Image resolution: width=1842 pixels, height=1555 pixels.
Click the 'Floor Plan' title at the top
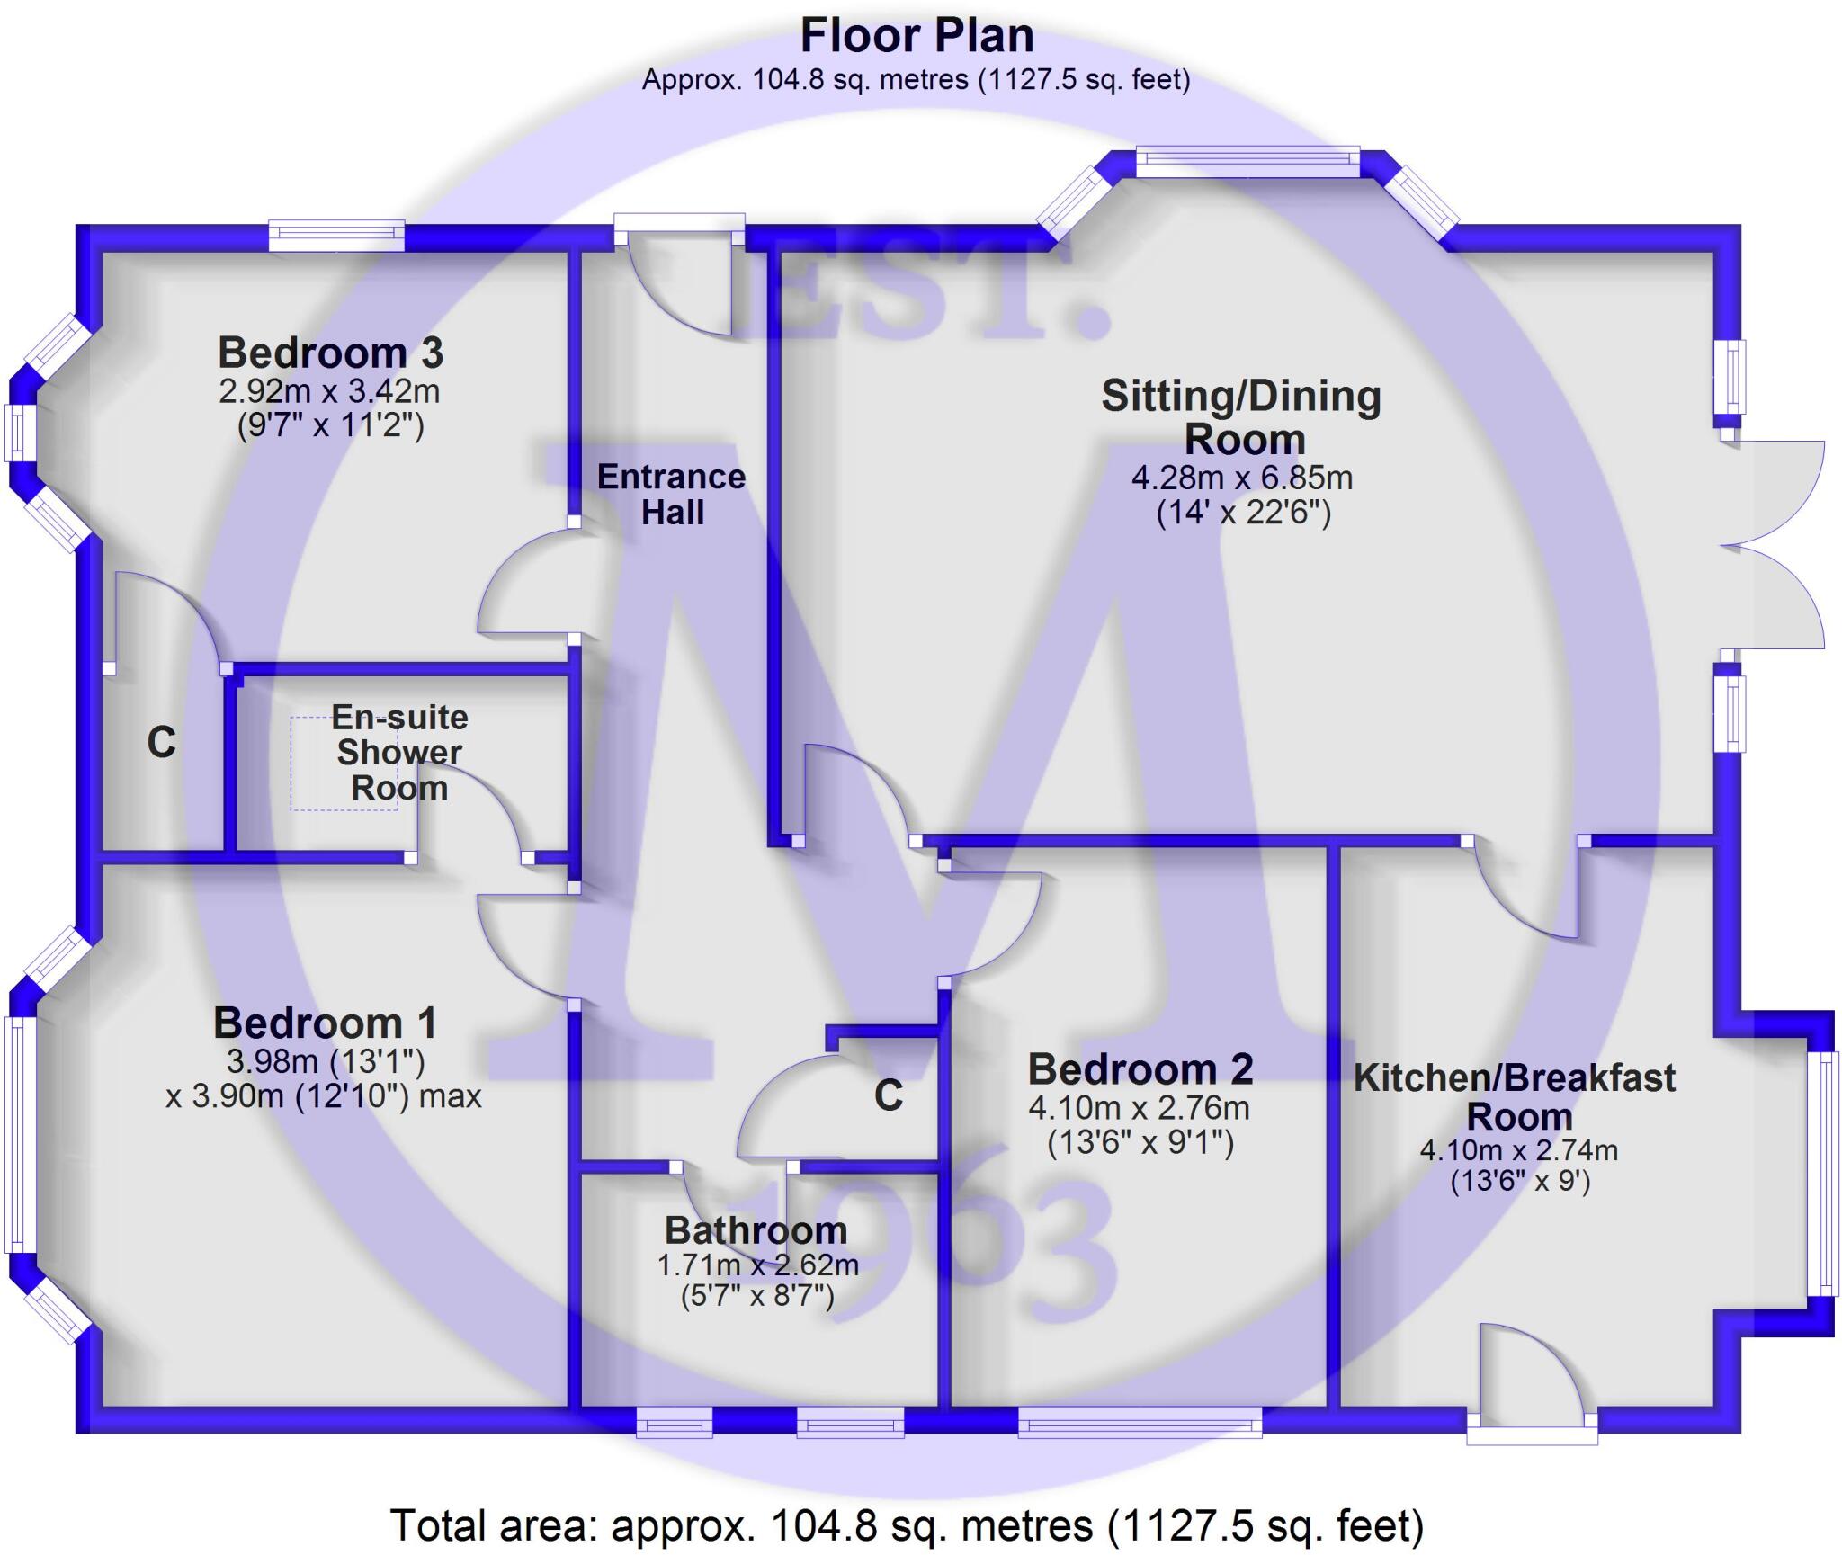pyautogui.click(x=917, y=37)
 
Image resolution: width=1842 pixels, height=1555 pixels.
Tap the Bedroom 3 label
pyautogui.click(x=330, y=353)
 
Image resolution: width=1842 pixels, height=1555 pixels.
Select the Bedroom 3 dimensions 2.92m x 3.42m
pyautogui.click(x=329, y=391)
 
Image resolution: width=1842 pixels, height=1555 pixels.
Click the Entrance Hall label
pyautogui.click(x=672, y=494)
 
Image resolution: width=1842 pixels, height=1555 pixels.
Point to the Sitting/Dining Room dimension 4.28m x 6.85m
pyautogui.click(x=1241, y=477)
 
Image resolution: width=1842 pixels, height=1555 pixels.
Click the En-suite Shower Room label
pyautogui.click(x=399, y=752)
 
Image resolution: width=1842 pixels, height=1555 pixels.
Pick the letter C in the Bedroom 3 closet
pyautogui.click(x=161, y=743)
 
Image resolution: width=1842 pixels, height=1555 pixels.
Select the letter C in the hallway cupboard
pyautogui.click(x=888, y=1095)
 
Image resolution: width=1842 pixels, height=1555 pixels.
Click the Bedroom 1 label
pyautogui.click(x=325, y=1023)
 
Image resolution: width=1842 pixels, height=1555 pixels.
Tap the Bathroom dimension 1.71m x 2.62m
pyautogui.click(x=757, y=1265)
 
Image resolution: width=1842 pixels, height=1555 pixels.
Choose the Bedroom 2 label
pyautogui.click(x=1140, y=1069)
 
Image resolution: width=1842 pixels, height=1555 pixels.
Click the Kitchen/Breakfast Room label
pyautogui.click(x=1515, y=1096)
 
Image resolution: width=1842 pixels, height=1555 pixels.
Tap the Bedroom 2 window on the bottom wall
pyautogui.click(x=1140, y=1422)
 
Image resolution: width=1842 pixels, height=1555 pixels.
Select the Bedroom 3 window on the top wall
pyautogui.click(x=336, y=237)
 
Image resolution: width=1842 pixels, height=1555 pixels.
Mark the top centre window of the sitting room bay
pyautogui.click(x=1247, y=162)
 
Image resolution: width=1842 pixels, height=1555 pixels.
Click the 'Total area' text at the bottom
pyautogui.click(x=907, y=1525)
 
